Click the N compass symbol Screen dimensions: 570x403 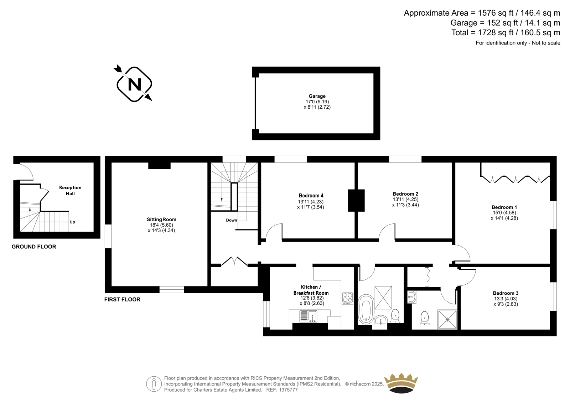pyautogui.click(x=134, y=84)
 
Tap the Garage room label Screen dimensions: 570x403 pyautogui.click(x=317, y=96)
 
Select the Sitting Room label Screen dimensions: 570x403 pyautogui.click(x=161, y=219)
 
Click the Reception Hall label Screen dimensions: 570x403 pyautogui.click(x=70, y=190)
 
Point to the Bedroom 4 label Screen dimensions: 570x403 pyautogui.click(x=311, y=196)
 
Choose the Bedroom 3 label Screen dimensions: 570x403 pyautogui.click(x=506, y=293)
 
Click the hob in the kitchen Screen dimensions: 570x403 pyautogui.click(x=348, y=298)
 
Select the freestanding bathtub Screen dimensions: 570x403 pyautogui.click(x=366, y=309)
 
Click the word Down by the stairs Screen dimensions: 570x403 pyautogui.click(x=232, y=220)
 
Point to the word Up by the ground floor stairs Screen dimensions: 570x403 pyautogui.click(x=72, y=222)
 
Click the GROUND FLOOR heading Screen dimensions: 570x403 pyautogui.click(x=34, y=247)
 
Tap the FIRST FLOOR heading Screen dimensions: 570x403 pyautogui.click(x=123, y=299)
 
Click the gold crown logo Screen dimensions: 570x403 pyautogui.click(x=401, y=383)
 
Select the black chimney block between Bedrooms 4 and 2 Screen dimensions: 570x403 pyautogui.click(x=356, y=200)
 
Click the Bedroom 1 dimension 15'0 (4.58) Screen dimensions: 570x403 pyautogui.click(x=504, y=213)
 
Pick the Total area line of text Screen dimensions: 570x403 pyautogui.click(x=506, y=32)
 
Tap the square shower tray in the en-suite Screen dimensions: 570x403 pyautogui.click(x=447, y=319)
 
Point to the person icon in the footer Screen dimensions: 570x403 pyautogui.click(x=154, y=384)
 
